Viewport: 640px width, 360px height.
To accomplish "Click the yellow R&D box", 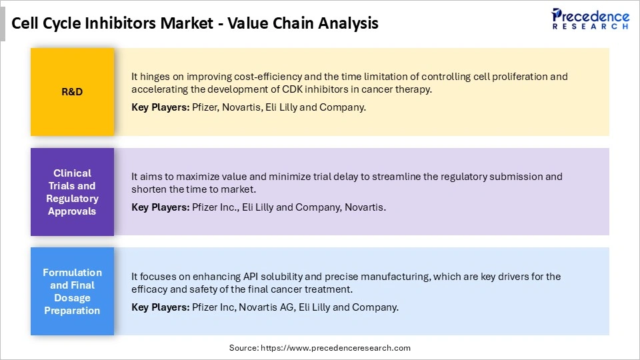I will tap(72, 92).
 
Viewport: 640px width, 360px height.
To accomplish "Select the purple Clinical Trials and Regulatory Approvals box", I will tap(72, 192).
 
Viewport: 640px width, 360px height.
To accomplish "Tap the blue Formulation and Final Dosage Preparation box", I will tap(72, 291).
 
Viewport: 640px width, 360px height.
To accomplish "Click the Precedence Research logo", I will tap(590, 18).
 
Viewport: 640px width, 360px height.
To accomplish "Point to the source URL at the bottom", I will tap(319, 348).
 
